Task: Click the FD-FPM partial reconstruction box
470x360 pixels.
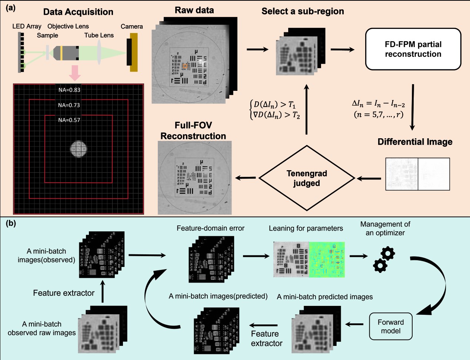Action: point(413,49)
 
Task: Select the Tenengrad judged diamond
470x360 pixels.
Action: point(306,178)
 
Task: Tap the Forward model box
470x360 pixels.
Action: point(390,326)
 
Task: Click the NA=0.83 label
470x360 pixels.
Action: point(69,90)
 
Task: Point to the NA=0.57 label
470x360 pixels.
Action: point(69,120)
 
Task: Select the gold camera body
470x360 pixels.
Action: point(134,52)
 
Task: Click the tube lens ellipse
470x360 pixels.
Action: point(100,52)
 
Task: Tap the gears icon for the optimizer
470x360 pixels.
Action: point(384,259)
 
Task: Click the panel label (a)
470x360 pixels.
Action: point(10,7)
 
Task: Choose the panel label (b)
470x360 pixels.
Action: point(10,223)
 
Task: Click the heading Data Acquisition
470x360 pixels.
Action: point(78,12)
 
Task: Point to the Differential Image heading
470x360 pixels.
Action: point(415,142)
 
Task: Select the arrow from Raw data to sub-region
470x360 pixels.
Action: point(257,49)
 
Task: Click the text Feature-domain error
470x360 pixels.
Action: point(210,228)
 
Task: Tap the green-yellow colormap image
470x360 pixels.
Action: point(327,260)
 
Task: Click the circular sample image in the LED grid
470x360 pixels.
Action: point(79,149)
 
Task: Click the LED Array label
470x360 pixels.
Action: point(27,26)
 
